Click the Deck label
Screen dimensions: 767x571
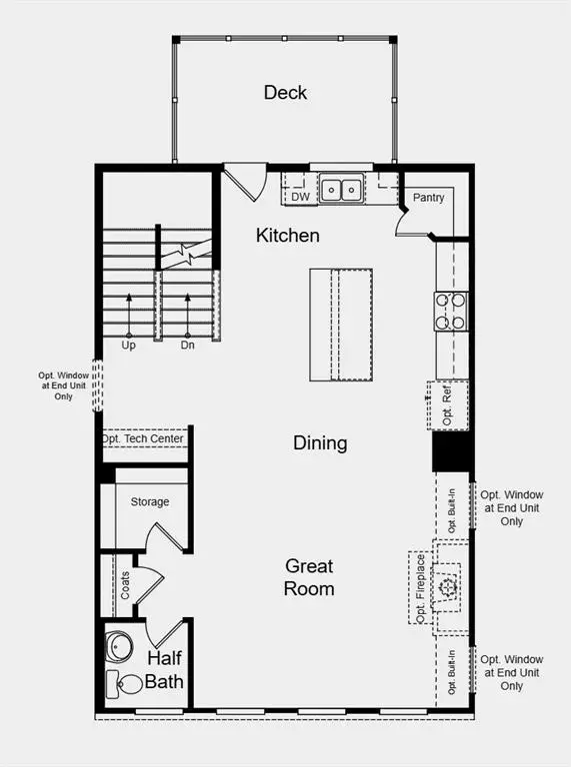(x=285, y=93)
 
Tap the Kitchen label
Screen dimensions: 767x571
(x=288, y=236)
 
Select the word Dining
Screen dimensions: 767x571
(x=320, y=442)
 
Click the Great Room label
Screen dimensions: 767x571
(x=308, y=577)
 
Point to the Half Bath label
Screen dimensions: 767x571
(x=166, y=670)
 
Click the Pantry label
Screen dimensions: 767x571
(x=429, y=198)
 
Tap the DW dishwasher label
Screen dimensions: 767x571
(x=300, y=197)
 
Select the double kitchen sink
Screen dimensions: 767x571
(x=341, y=188)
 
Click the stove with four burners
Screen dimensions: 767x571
(x=451, y=310)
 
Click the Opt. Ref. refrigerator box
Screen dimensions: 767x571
(x=448, y=404)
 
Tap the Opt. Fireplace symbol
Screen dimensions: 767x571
(x=447, y=587)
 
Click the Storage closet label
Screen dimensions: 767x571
(x=150, y=501)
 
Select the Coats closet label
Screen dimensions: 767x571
(x=125, y=585)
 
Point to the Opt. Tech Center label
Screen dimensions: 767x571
(x=146, y=439)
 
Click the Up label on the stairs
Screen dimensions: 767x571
(x=129, y=346)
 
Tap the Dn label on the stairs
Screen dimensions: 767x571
(x=187, y=346)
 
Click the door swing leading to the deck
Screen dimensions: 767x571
(x=243, y=183)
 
